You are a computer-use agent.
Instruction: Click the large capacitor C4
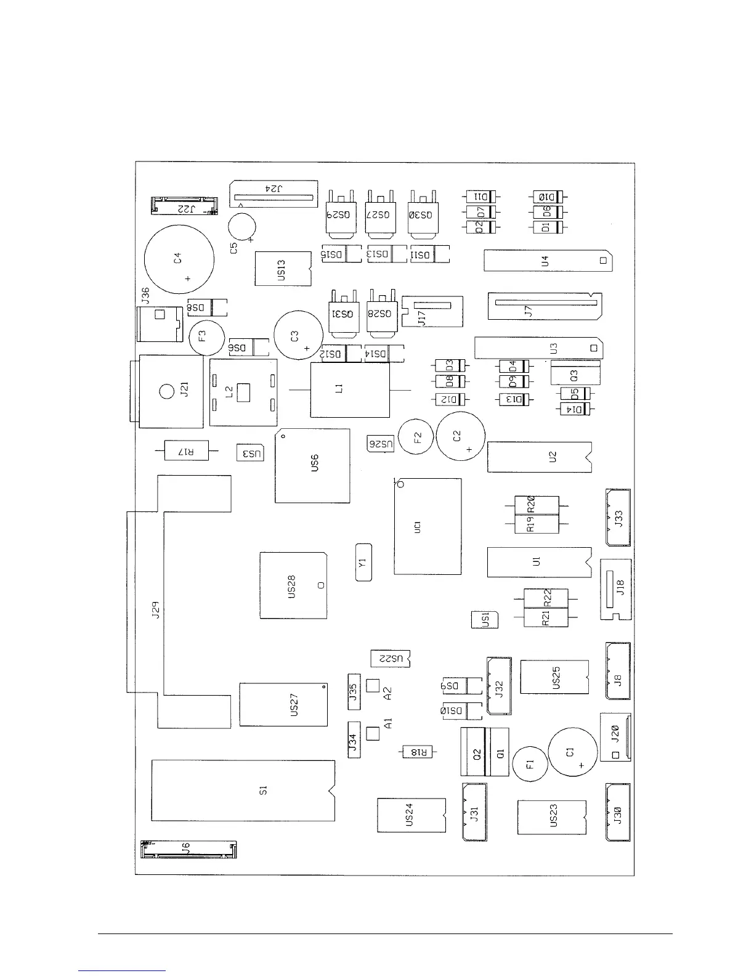[x=179, y=259]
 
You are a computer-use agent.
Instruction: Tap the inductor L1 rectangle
[x=350, y=390]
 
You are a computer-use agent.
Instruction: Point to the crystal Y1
[x=364, y=563]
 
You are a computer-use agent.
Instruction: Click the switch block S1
[x=243, y=791]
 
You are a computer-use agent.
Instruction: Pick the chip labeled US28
[x=293, y=585]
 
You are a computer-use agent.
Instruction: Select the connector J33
[x=618, y=518]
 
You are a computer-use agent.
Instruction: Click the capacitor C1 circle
[x=573, y=752]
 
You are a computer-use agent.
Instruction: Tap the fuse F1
[x=530, y=764]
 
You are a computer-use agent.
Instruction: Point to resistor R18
[x=417, y=752]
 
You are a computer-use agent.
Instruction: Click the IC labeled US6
[x=312, y=465]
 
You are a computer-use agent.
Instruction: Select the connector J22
[x=185, y=206]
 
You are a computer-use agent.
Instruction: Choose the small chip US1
[x=485, y=620]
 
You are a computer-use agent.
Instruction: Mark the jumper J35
[x=354, y=692]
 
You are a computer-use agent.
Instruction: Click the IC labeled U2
[x=539, y=457]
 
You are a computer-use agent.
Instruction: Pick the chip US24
[x=411, y=815]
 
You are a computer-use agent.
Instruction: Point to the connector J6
[x=188, y=850]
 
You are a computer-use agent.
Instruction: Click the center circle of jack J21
[x=166, y=391]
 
